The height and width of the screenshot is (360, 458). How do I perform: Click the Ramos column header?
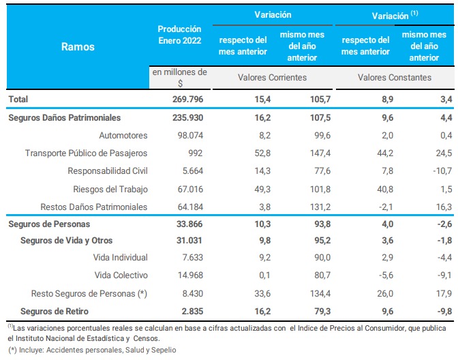(78, 46)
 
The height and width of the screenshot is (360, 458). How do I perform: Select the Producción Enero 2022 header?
(179, 34)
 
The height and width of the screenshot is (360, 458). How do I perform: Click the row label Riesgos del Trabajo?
(110, 188)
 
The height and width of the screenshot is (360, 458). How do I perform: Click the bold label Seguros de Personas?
(48, 224)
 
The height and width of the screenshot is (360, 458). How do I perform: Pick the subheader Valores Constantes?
(395, 78)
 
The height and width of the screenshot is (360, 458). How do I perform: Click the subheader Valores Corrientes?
(272, 78)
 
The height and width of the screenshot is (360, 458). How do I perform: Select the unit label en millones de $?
(179, 77)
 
